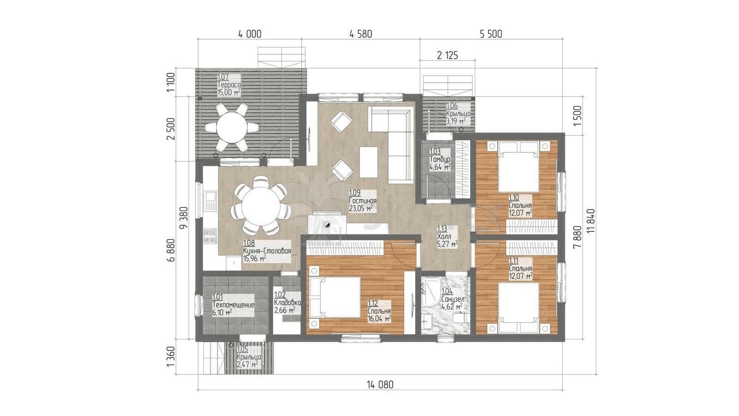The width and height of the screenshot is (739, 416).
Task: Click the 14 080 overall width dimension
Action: click(380, 385)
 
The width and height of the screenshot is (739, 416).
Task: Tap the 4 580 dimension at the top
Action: click(361, 34)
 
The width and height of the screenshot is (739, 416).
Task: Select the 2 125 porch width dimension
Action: click(448, 55)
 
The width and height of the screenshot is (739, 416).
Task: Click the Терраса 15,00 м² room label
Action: click(229, 85)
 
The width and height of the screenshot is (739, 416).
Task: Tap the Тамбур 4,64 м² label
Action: click(440, 159)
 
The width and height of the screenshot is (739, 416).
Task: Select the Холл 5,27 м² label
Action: click(448, 236)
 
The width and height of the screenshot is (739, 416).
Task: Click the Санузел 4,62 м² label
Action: click(453, 299)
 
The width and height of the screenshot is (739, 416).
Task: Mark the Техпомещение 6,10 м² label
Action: click(233, 305)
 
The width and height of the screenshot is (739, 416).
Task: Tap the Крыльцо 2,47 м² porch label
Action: click(249, 361)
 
